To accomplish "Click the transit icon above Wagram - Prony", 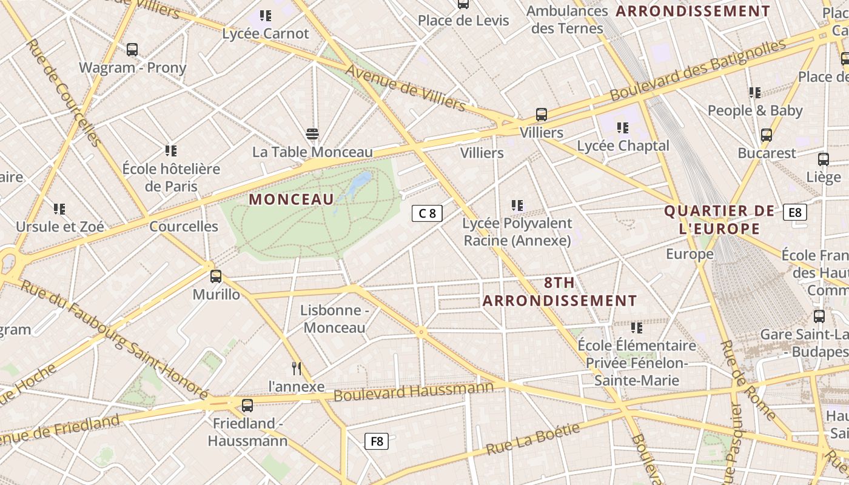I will coord(132,50).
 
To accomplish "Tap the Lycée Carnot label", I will coord(266,33).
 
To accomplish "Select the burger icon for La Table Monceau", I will coord(312,133).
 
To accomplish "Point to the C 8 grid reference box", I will coord(427,213).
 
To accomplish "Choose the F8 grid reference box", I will coord(377,441).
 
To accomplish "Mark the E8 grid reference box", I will coord(794,212).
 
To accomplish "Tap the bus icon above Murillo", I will coord(216,276).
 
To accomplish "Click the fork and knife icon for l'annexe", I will coord(297,368).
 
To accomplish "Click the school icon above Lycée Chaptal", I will coord(623,128).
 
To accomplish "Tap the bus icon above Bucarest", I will coord(767,135).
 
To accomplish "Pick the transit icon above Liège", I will coord(824,159).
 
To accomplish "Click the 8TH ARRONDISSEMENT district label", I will coord(560,292).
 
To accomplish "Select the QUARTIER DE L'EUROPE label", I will coord(719,219).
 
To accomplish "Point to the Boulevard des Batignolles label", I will coord(697,70).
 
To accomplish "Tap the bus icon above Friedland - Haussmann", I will coord(247,406).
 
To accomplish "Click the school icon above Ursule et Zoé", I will coord(59,209).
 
